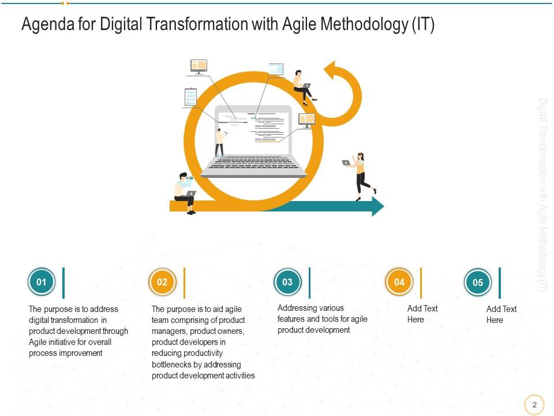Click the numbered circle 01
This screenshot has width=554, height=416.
pyautogui.click(x=42, y=283)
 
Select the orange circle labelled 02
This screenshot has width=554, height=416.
pyautogui.click(x=162, y=283)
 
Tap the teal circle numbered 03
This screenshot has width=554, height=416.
pyautogui.click(x=287, y=283)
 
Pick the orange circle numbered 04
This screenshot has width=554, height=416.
pyautogui.click(x=399, y=282)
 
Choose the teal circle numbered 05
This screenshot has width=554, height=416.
pyautogui.click(x=478, y=283)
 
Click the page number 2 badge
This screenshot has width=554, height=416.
pyautogui.click(x=534, y=404)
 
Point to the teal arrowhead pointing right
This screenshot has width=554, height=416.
pyautogui.click(x=377, y=206)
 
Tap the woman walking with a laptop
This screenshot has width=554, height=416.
pyautogui.click(x=361, y=175)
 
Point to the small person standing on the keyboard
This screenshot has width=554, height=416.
pyautogui.click(x=219, y=142)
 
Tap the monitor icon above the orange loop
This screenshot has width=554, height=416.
pyautogui.click(x=199, y=66)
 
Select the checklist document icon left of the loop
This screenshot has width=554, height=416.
pyautogui.click(x=190, y=96)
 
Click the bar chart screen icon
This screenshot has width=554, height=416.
pyautogui.click(x=276, y=70)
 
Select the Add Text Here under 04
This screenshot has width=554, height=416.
pyautogui.click(x=422, y=314)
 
